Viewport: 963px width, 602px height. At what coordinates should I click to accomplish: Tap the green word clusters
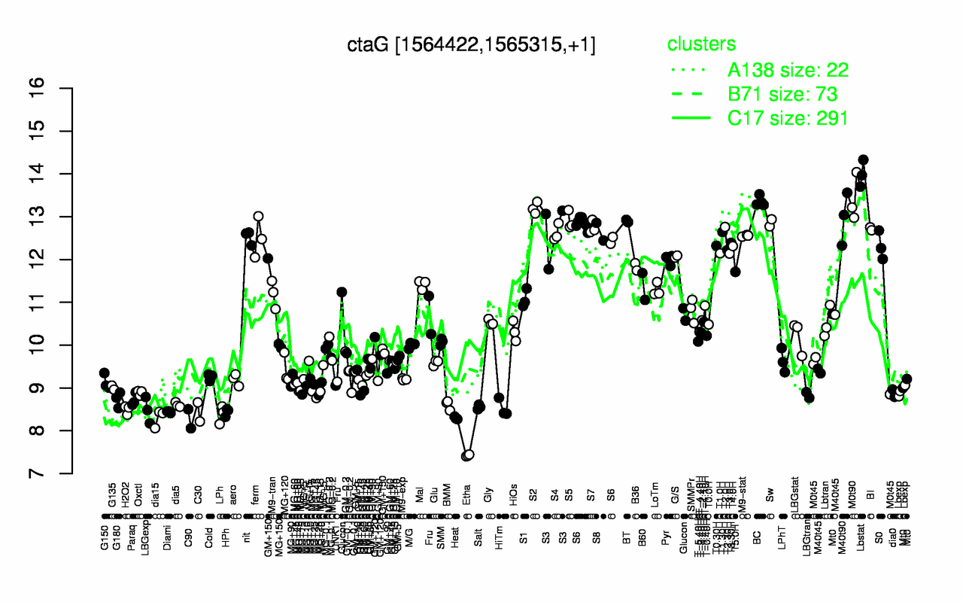coord(701,44)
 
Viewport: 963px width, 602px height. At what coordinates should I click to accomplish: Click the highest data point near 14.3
coord(863,160)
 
